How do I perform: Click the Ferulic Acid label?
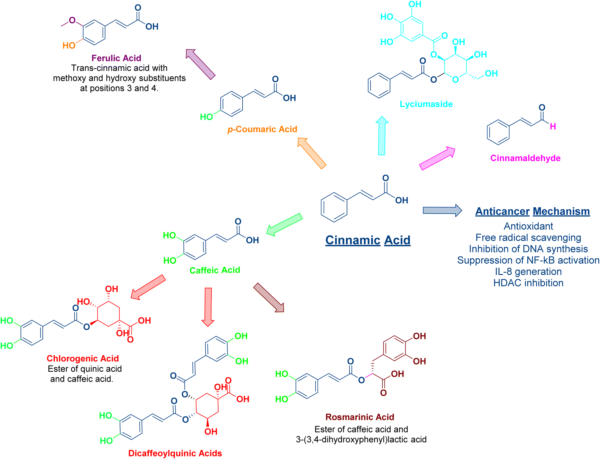point(116,58)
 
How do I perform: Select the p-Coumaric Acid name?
point(262,129)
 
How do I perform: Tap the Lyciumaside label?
point(426,104)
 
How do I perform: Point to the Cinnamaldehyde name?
point(525,158)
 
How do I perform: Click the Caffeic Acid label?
point(215,270)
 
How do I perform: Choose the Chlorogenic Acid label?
point(83,358)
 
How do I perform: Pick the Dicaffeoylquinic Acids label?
point(175,453)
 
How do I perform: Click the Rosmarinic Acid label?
point(360,417)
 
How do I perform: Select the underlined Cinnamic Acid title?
point(368,240)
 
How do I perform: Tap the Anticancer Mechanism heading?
point(532,211)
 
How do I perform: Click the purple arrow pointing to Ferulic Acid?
point(200,64)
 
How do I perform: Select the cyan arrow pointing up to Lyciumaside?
point(382,136)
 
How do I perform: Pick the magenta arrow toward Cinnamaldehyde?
point(437,158)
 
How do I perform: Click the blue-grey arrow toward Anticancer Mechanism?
point(442,211)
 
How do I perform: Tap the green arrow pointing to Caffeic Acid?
point(284,224)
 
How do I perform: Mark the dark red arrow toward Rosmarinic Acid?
point(269,298)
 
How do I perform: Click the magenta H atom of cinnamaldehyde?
point(553,127)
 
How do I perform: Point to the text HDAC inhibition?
point(528,283)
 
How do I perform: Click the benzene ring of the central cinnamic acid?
point(334,207)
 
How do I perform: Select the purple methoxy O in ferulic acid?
point(72,20)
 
